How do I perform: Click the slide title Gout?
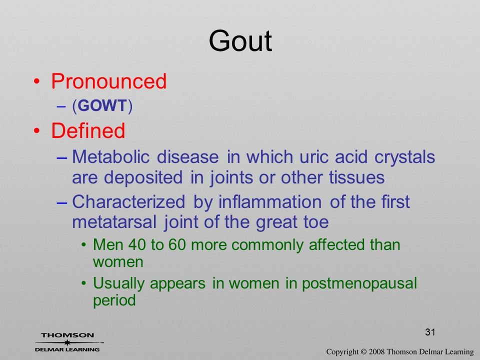pyautogui.click(x=240, y=41)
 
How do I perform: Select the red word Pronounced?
pyautogui.click(x=108, y=81)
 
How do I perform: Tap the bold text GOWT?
pyautogui.click(x=102, y=105)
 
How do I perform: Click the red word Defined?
pyautogui.click(x=88, y=130)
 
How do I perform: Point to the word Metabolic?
pyautogui.click(x=111, y=156)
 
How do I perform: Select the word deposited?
pyautogui.click(x=143, y=178)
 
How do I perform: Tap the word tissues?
pyautogui.click(x=356, y=177)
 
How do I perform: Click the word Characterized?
pyautogui.click(x=128, y=202)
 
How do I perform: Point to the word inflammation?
pyautogui.click(x=269, y=202)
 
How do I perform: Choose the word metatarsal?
pyautogui.click(x=114, y=222)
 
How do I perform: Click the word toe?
pyautogui.click(x=316, y=222)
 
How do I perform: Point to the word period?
pyautogui.click(x=114, y=300)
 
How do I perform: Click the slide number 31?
pyautogui.click(x=430, y=332)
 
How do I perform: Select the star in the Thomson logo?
pyautogui.click(x=67, y=342)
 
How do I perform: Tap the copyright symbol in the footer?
pyautogui.click(x=363, y=352)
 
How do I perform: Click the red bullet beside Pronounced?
pyautogui.click(x=36, y=81)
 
